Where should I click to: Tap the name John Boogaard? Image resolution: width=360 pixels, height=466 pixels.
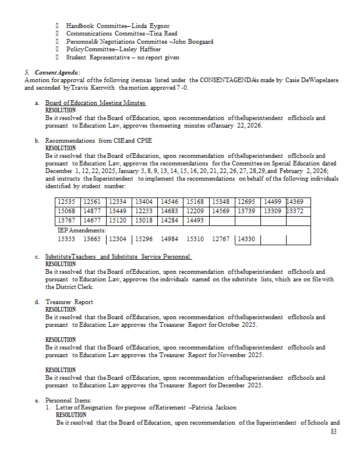(x=194, y=42)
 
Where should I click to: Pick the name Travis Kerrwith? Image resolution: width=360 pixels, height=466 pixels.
(x=93, y=87)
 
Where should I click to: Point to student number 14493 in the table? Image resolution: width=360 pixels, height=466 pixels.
(x=195, y=220)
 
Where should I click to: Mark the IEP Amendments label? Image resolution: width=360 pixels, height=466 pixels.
(x=82, y=230)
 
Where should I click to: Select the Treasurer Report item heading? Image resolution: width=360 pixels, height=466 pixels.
(x=69, y=302)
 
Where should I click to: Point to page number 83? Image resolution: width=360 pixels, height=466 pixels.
(x=333, y=432)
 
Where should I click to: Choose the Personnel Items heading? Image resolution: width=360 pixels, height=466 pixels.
(x=69, y=400)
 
